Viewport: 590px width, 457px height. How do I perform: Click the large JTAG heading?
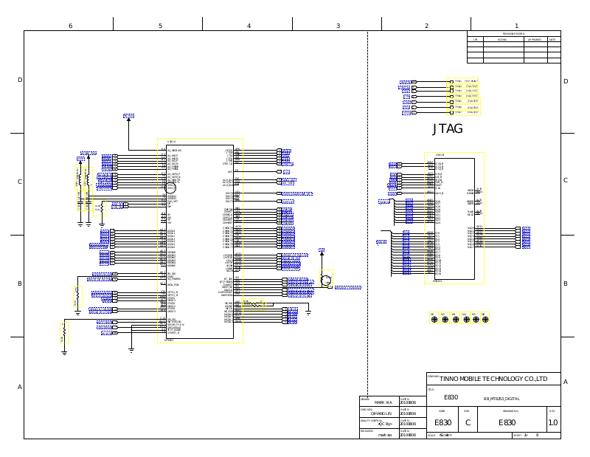click(x=448, y=129)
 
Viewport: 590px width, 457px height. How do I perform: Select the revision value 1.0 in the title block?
click(x=552, y=423)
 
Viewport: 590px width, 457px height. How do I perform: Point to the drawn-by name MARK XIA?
click(x=383, y=402)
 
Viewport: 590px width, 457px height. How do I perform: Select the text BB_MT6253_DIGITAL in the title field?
click(x=502, y=398)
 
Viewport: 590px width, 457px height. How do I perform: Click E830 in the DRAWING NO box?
click(x=507, y=423)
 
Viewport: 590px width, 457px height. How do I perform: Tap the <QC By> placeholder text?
click(x=384, y=425)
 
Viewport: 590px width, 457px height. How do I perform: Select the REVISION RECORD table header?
click(x=513, y=34)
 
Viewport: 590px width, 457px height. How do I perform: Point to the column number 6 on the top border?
click(x=70, y=26)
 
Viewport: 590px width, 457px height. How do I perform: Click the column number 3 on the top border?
click(x=338, y=26)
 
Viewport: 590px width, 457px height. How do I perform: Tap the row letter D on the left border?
click(x=20, y=80)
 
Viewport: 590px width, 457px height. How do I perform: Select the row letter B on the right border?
click(x=565, y=284)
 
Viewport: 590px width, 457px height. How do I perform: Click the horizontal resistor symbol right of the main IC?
click(x=255, y=303)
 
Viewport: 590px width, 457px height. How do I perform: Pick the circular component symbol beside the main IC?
click(x=325, y=281)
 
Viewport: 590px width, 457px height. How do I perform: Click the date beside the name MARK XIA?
click(x=408, y=402)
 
